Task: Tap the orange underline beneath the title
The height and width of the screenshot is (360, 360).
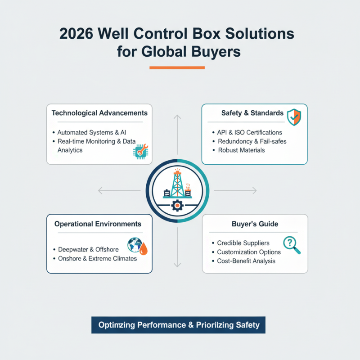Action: pyautogui.click(x=177, y=68)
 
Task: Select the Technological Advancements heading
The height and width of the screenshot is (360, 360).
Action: pyautogui.click(x=99, y=112)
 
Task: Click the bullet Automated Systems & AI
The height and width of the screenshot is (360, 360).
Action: pyautogui.click(x=91, y=133)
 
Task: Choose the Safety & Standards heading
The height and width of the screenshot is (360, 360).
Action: pyautogui.click(x=252, y=113)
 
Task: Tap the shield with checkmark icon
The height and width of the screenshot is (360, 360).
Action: pyautogui.click(x=294, y=117)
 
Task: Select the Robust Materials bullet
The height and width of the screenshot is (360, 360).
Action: pyautogui.click(x=241, y=150)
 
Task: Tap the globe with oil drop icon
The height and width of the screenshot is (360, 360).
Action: pyautogui.click(x=137, y=246)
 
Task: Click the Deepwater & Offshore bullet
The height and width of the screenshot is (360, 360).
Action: pyautogui.click(x=88, y=249)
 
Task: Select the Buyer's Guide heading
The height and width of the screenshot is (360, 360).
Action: pyautogui.click(x=255, y=224)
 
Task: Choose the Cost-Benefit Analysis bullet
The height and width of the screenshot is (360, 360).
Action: pyautogui.click(x=246, y=261)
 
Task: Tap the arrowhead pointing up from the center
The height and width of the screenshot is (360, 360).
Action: pyautogui.click(x=178, y=117)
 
